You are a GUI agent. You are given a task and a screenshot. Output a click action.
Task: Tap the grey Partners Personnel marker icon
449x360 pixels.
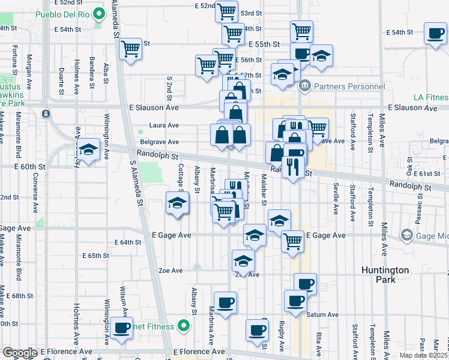[305, 86]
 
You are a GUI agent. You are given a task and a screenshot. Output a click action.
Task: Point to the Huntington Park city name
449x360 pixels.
[385, 275]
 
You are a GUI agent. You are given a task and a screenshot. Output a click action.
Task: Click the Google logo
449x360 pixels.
[19, 353]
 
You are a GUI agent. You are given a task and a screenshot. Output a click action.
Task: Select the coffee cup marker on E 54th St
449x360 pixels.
[435, 34]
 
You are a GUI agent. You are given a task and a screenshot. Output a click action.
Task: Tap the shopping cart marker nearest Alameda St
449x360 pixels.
[130, 48]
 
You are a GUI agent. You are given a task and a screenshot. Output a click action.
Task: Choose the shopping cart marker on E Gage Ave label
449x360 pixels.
[292, 241]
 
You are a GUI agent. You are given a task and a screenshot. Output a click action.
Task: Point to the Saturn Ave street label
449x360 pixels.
[322, 315]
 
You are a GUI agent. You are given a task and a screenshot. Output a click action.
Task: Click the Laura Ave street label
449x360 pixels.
[164, 126]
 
